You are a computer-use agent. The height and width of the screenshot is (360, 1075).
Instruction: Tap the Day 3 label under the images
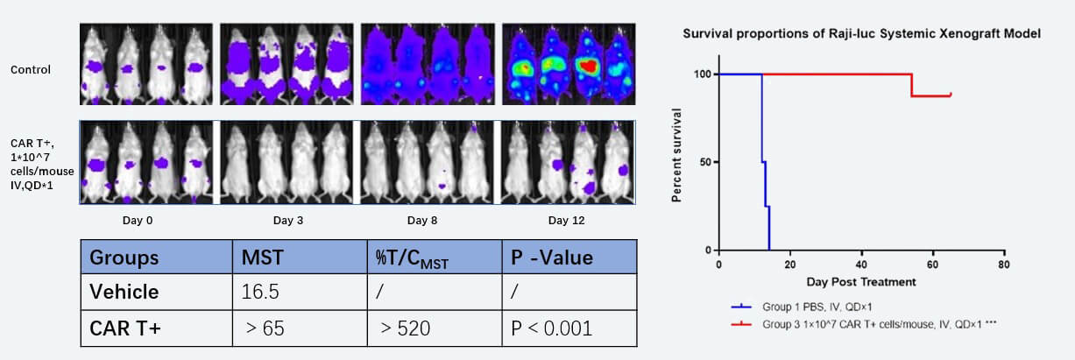pos(287,220)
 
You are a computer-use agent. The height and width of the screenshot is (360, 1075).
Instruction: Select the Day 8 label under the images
pos(422,220)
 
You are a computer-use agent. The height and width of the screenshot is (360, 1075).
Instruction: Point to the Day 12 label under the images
pos(563,220)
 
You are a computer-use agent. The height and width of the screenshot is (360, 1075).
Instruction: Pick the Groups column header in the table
pos(124,258)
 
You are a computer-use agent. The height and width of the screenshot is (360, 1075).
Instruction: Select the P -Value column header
pos(553,258)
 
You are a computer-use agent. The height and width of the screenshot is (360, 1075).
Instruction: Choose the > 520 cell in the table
pos(405,329)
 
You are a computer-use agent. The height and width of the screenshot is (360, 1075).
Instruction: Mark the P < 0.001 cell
pos(552,329)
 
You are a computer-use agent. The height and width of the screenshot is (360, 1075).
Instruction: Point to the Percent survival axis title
pos(676,155)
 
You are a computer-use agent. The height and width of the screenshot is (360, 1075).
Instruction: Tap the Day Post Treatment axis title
pos(862,282)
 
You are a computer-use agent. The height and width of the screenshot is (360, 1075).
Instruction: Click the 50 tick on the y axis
pos(706,162)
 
